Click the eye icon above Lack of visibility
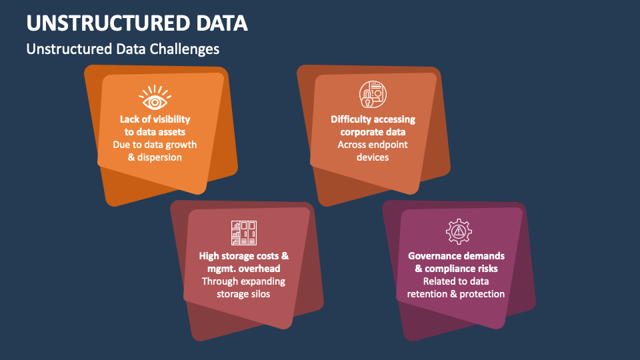pyautogui.click(x=155, y=97)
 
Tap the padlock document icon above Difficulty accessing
pyautogui.click(x=373, y=94)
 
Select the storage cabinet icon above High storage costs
pyautogui.click(x=244, y=233)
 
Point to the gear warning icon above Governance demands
pyautogui.click(x=459, y=231)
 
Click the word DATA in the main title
pyautogui.click(x=222, y=23)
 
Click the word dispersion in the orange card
pyautogui.click(x=159, y=157)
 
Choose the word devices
pyautogui.click(x=373, y=157)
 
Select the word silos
pyautogui.click(x=261, y=294)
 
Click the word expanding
pyautogui.click(x=264, y=281)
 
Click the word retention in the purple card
pyautogui.click(x=427, y=294)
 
